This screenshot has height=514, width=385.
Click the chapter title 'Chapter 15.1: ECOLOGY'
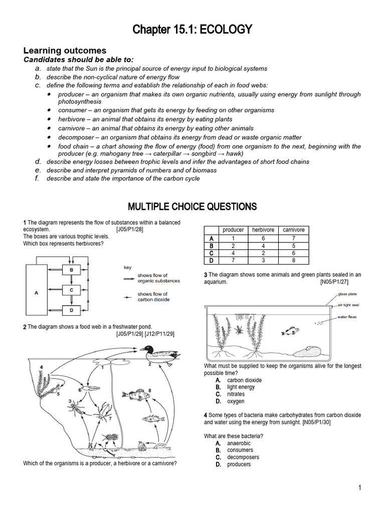click(192, 31)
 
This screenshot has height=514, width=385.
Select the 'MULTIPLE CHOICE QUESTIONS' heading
click(192, 206)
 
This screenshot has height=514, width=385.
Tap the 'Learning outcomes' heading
click(65, 51)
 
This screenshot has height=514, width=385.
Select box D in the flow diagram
click(71, 310)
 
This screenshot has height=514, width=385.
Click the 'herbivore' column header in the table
click(263, 230)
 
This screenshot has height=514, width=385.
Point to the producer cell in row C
click(233, 253)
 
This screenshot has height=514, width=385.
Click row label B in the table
click(211, 246)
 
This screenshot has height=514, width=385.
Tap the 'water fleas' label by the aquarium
click(347, 317)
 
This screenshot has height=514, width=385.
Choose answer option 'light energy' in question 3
click(241, 387)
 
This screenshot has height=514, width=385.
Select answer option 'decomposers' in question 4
click(243, 457)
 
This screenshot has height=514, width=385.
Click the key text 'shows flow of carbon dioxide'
click(153, 297)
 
